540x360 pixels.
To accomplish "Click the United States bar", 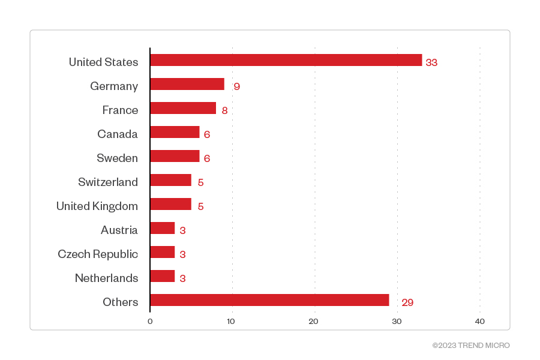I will [286, 60].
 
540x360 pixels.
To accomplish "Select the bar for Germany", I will [187, 84].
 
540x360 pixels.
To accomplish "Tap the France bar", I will [183, 108].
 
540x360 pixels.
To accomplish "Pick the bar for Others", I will [269, 300].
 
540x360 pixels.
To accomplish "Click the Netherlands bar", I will [163, 276].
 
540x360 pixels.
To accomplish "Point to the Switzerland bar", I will [171, 180].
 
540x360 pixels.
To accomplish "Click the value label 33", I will [431, 62].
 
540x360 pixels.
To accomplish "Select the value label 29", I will [407, 302].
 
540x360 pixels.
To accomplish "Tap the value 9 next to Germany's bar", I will [236, 86].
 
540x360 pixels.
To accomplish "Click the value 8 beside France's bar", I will [224, 110].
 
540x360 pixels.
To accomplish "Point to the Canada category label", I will [118, 134].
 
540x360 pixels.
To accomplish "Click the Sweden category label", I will [117, 158].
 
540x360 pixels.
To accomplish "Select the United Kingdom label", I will [97, 206].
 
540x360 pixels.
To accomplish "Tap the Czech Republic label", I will [98, 254].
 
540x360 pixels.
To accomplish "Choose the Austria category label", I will [119, 230].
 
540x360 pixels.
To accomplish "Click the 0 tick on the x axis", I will [150, 322].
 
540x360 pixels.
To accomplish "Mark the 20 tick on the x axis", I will [313, 322].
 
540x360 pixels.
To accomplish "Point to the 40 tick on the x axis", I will [479, 322].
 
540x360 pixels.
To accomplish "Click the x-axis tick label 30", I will [397, 322].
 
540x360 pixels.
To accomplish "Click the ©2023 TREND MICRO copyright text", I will [471, 346].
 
